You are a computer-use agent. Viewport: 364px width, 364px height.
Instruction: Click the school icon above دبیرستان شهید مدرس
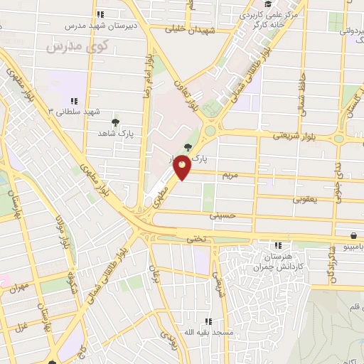tap(101, 14)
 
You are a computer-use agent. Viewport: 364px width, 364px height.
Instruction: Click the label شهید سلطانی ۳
tap(73, 112)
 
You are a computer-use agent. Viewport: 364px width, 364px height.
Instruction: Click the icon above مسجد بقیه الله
tap(208, 321)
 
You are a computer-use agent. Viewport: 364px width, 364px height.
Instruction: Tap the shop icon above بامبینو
tap(353, 235)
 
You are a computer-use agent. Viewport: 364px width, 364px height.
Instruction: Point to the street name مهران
tap(20, 287)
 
